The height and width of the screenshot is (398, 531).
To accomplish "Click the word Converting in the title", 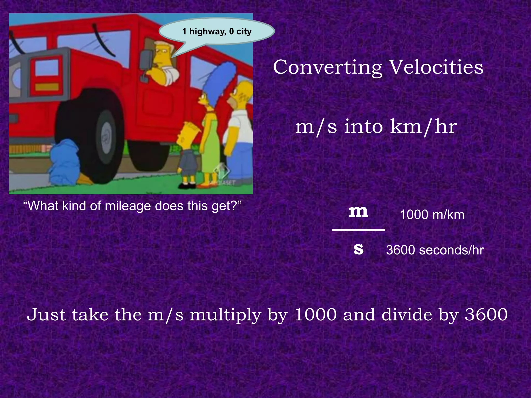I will pyautogui.click(x=327, y=67).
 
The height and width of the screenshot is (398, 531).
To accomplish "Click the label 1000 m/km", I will pyautogui.click(x=432, y=215).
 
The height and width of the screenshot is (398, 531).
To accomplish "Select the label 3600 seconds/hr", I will pyautogui.click(x=435, y=250).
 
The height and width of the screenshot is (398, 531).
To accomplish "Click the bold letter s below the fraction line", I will pyautogui.click(x=359, y=249).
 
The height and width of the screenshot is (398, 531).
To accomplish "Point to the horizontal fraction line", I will pyautogui.click(x=358, y=230).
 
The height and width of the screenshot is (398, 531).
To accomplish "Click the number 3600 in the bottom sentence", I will pyautogui.click(x=486, y=315).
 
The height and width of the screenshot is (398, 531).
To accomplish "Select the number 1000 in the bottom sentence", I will pyautogui.click(x=316, y=315).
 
